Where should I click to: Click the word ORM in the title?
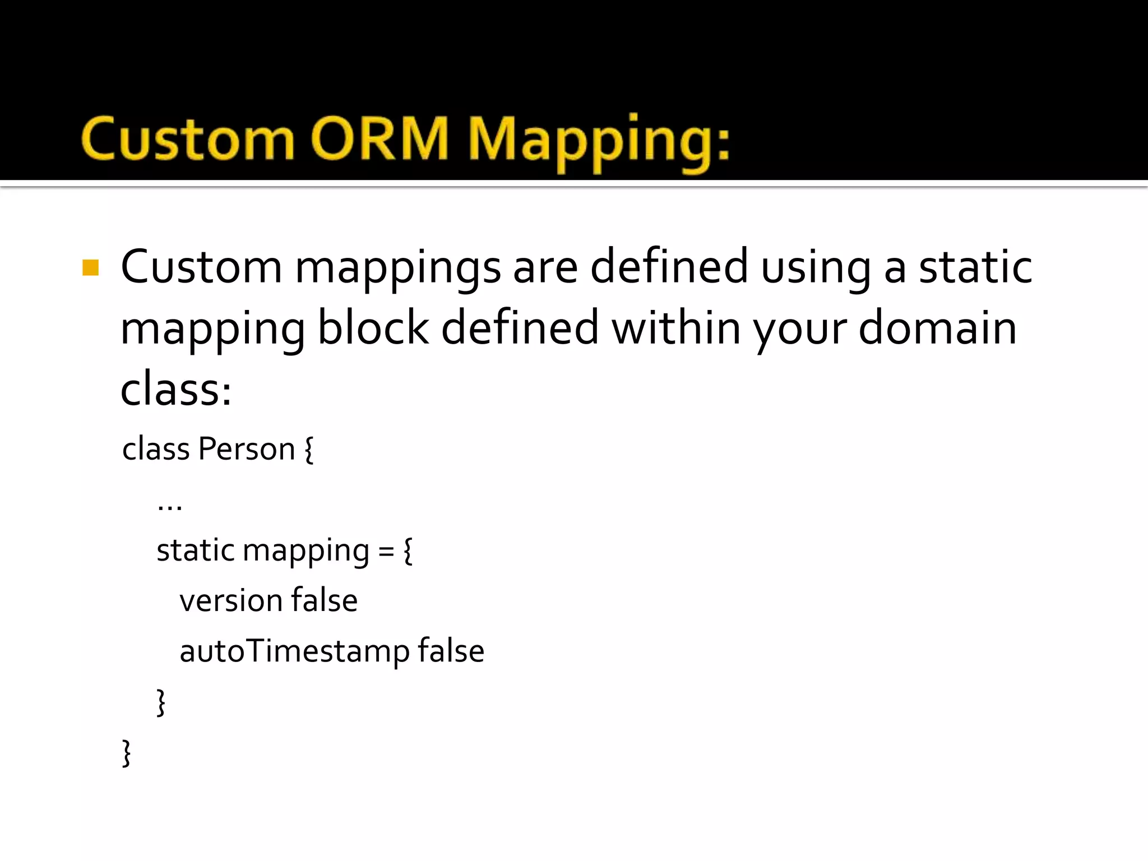[379, 138]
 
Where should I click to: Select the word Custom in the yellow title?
[188, 138]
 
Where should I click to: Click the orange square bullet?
[90, 267]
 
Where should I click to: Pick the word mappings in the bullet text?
[397, 268]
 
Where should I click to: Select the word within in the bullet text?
[676, 328]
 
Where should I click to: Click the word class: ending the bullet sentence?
[176, 389]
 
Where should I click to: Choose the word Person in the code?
[247, 449]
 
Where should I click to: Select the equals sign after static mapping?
[386, 551]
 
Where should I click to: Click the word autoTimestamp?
[297, 651]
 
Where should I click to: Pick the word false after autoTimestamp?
[451, 651]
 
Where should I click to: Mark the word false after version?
[325, 600]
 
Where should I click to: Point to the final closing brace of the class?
[127, 753]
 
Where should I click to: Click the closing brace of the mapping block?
[161, 702]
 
